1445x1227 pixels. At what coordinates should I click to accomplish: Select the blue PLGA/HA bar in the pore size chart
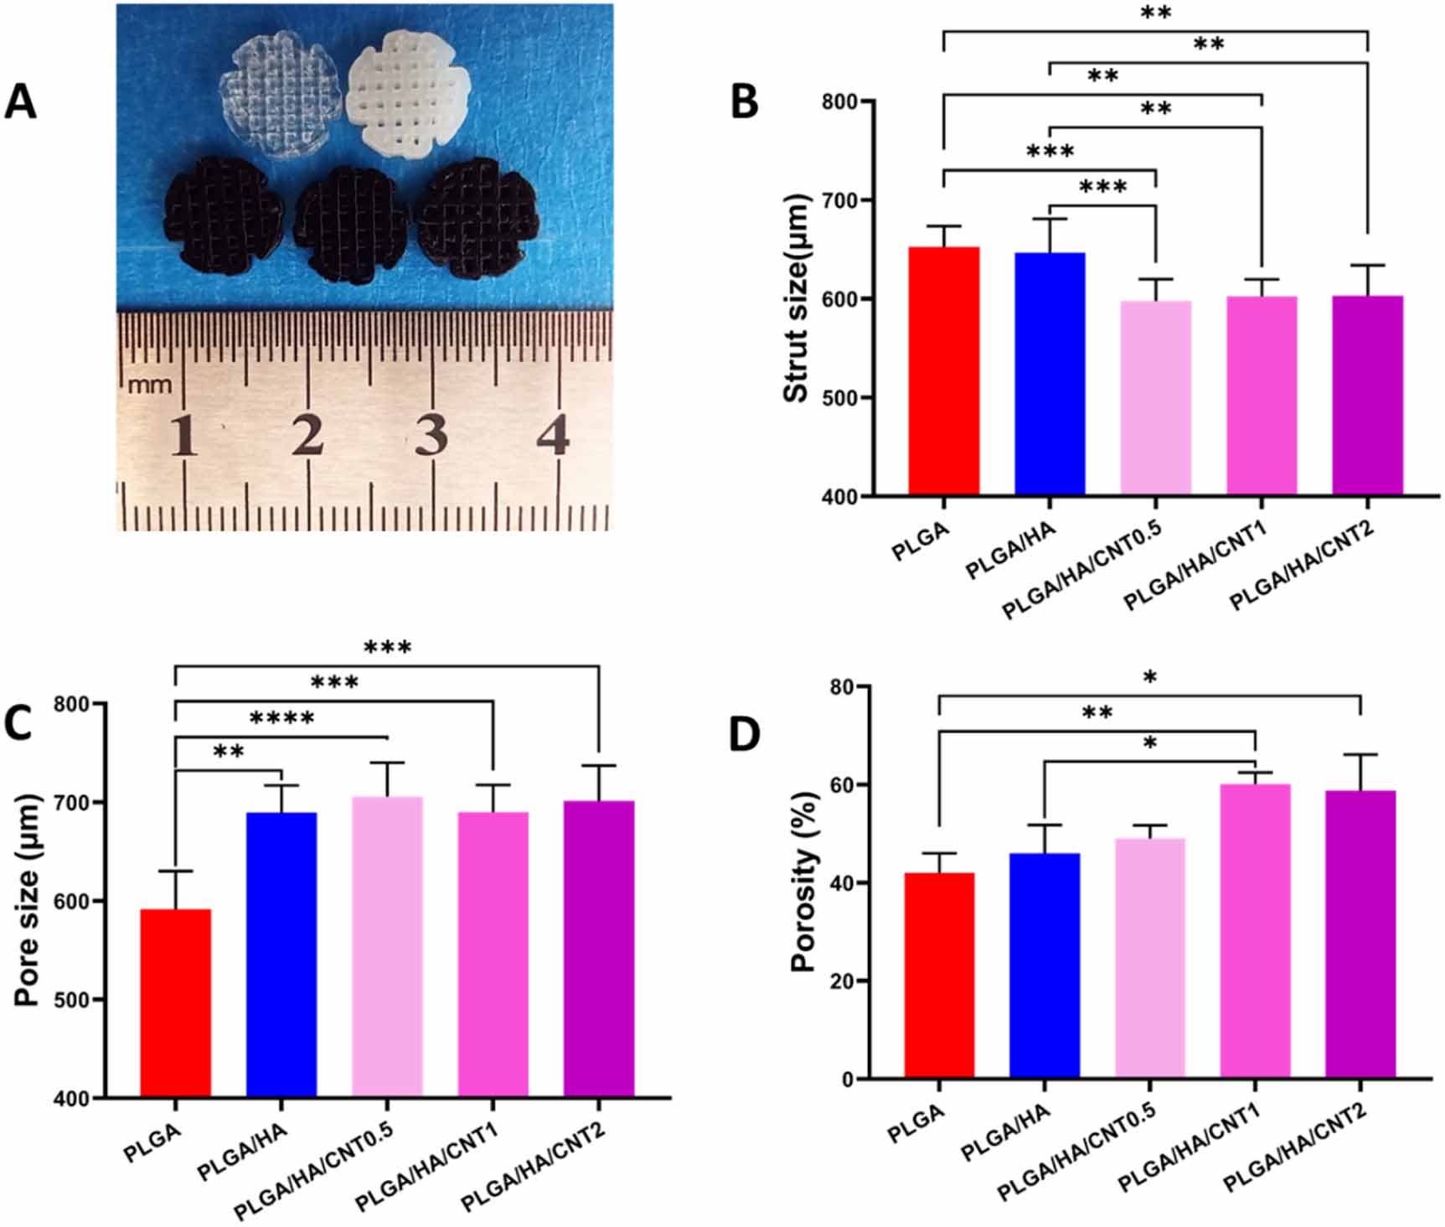point(281,955)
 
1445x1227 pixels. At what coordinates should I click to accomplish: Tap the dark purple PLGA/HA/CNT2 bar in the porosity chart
point(1360,934)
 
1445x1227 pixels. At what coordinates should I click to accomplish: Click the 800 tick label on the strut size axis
point(844,101)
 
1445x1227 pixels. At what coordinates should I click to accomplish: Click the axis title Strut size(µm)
point(797,298)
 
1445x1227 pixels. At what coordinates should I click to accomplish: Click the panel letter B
point(745,101)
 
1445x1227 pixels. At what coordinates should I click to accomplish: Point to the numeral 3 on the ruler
point(431,436)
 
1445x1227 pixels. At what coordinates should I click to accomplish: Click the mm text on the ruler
point(150,385)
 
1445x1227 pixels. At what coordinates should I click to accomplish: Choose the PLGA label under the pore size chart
point(152,1144)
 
